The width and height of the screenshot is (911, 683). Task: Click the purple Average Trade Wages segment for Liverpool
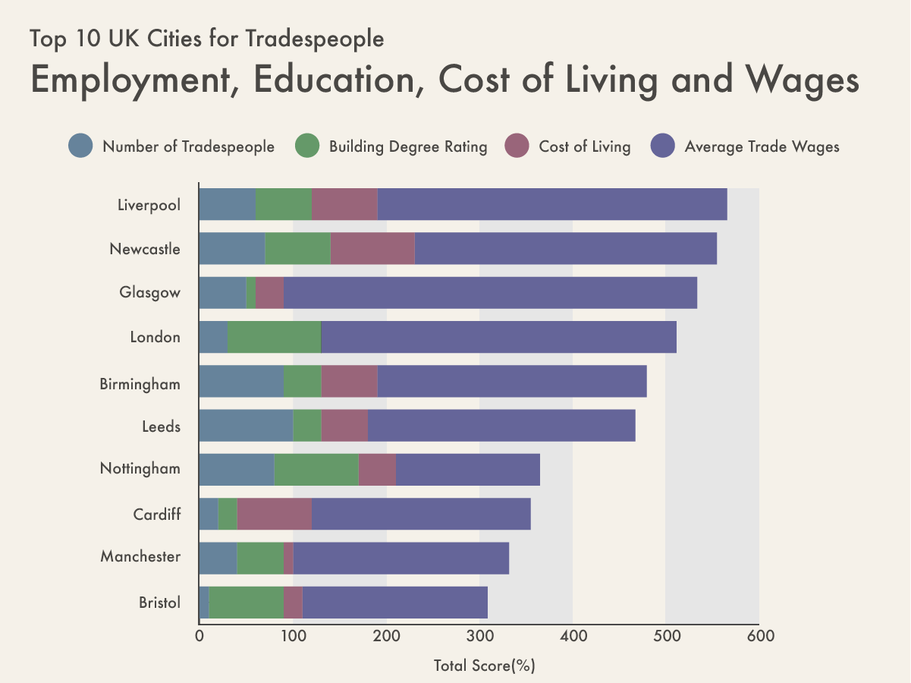tap(552, 204)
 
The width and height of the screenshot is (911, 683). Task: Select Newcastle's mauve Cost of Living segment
tap(372, 248)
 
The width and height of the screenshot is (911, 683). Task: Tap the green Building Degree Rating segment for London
tap(274, 337)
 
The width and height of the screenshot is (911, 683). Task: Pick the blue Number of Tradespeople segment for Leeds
tap(246, 426)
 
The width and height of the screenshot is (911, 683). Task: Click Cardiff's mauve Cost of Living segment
tap(275, 514)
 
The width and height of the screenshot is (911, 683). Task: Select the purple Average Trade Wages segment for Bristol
tap(394, 603)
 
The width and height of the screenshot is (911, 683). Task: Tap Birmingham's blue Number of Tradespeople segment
tap(241, 381)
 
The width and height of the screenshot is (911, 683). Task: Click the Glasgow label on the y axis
tap(150, 293)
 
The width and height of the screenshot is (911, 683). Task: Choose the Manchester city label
tap(140, 557)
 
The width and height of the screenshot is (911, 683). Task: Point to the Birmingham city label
tap(140, 385)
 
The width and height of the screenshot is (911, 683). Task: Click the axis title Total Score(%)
tap(485, 666)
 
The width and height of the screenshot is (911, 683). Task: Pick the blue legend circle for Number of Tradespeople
tap(80, 146)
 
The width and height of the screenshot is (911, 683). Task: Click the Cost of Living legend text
tap(584, 147)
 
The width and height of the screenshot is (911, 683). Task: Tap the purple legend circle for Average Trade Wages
tap(663, 146)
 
